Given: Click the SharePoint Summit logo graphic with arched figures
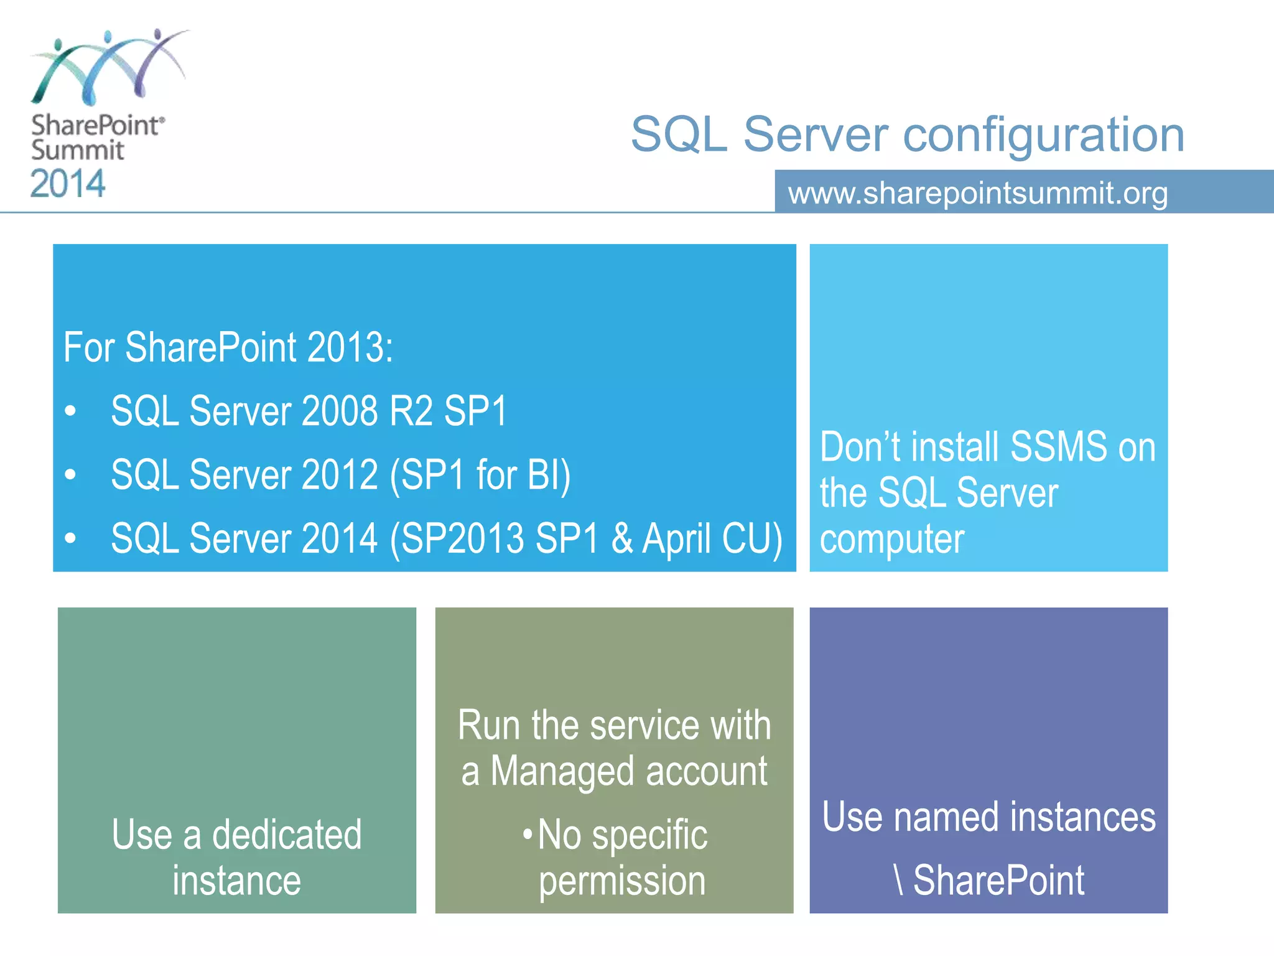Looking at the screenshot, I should pyautogui.click(x=109, y=67).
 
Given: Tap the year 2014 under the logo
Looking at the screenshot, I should pyautogui.click(x=68, y=184).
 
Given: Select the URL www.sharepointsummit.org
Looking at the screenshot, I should pyautogui.click(x=977, y=193).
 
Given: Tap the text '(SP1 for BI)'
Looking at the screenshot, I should pyautogui.click(x=480, y=476).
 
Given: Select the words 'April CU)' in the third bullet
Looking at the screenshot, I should pyautogui.click(x=712, y=539).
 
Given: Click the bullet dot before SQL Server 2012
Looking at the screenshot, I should pyautogui.click(x=71, y=476).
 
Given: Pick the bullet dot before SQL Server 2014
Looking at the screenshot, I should pyautogui.click(x=71, y=539).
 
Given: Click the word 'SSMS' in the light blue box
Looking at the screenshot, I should pyautogui.click(x=1058, y=447).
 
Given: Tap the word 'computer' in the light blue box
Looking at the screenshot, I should pyautogui.click(x=891, y=539).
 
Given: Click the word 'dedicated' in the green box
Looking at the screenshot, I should pyautogui.click(x=287, y=835).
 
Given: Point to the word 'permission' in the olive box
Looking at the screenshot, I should pyautogui.click(x=622, y=881).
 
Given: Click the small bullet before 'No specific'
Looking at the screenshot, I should pyautogui.click(x=528, y=833).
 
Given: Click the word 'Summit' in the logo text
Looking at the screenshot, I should pyautogui.click(x=77, y=151).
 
